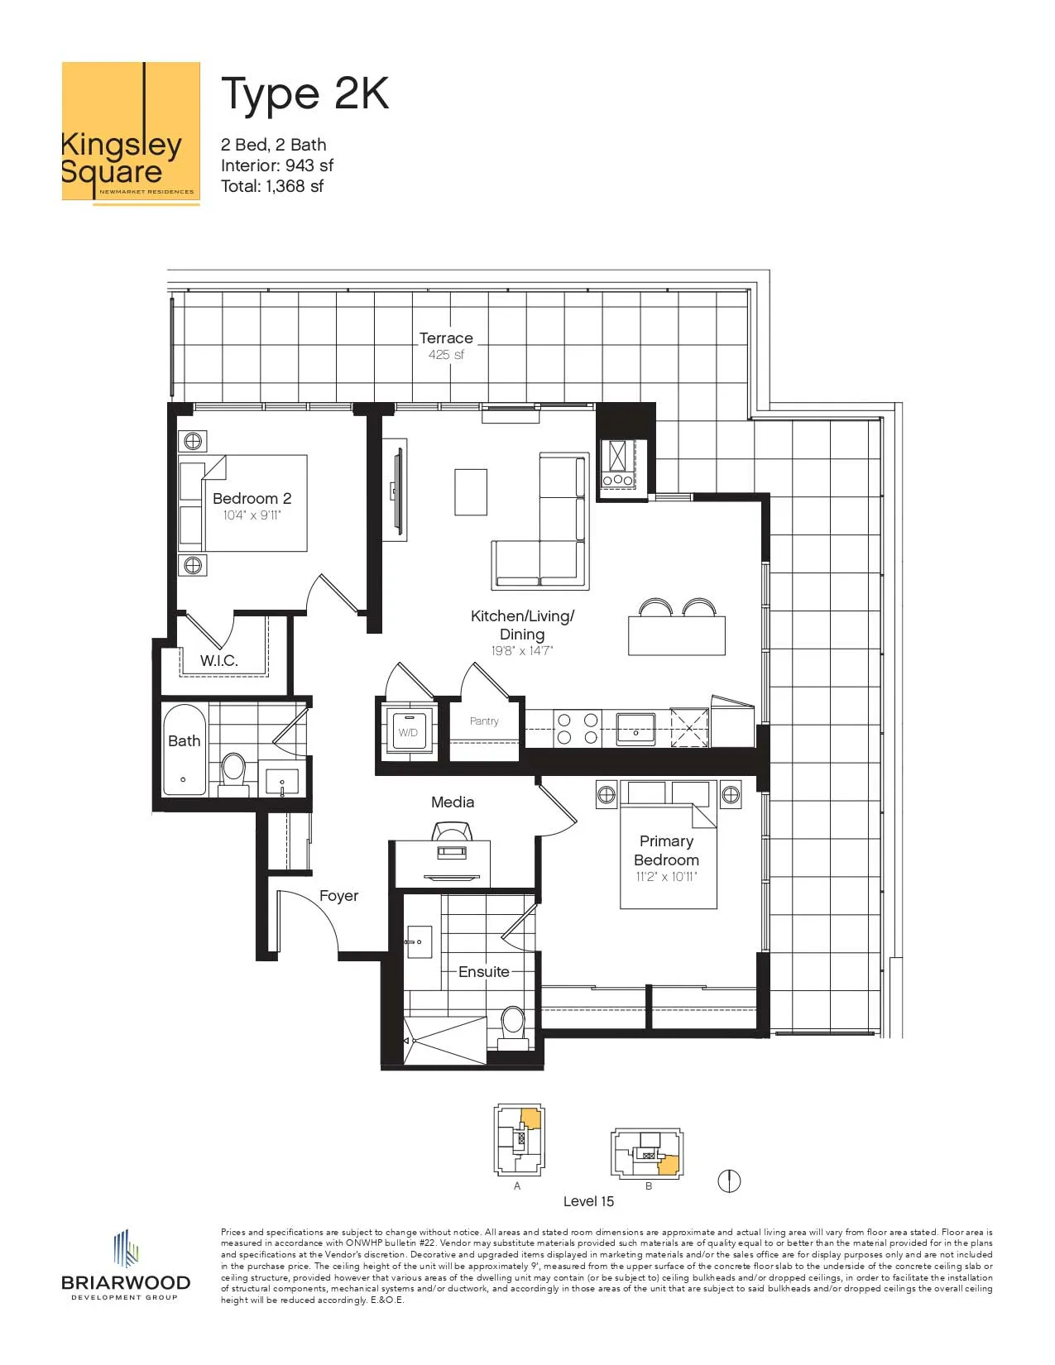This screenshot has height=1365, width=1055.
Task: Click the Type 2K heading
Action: coord(305,95)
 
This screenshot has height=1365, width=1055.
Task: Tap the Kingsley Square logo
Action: coord(131,133)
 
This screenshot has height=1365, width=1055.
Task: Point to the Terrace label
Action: coord(446,338)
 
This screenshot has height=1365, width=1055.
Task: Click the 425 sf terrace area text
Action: coord(446,355)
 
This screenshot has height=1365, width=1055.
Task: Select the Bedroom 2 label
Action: coord(252,498)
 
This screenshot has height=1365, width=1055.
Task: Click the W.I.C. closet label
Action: coord(218,660)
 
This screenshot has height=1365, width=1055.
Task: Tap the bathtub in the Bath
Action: coord(184,750)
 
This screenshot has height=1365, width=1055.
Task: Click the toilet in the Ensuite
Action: coord(513,1028)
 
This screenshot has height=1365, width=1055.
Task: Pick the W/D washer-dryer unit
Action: coord(408,731)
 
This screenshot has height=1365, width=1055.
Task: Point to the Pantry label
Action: coord(484,721)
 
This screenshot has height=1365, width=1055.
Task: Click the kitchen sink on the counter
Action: coord(635,729)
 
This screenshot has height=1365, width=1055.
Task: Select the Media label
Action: coord(453,802)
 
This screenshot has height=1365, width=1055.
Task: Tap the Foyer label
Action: coord(338,896)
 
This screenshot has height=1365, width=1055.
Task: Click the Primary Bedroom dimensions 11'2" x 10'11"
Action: coord(667,877)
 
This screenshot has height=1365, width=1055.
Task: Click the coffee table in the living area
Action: coord(471,492)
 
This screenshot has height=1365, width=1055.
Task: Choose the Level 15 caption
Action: coord(588,1201)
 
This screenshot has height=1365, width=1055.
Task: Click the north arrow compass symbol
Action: coord(729,1181)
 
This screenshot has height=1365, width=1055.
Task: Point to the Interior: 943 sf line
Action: coord(276,165)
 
